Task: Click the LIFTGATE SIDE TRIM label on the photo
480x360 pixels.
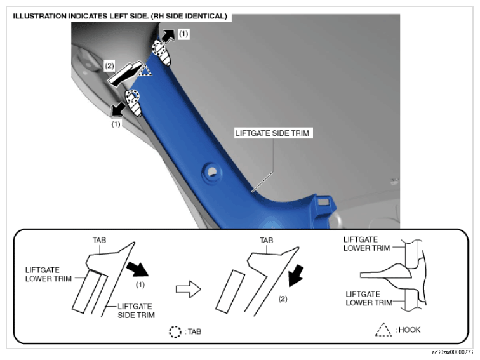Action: (x=272, y=133)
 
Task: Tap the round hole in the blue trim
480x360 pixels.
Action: (x=212, y=172)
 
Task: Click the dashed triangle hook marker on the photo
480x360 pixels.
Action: (x=145, y=71)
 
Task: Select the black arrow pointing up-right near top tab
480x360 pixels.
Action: (x=168, y=36)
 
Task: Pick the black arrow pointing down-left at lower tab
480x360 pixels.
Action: (x=118, y=110)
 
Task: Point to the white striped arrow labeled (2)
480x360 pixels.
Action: (x=125, y=74)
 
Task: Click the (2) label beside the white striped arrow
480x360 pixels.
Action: (x=109, y=66)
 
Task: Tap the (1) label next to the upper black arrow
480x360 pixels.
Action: (x=183, y=34)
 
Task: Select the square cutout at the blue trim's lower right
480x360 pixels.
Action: (x=323, y=202)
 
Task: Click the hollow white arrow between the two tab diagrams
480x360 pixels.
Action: (x=189, y=289)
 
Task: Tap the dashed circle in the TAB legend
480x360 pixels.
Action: (x=175, y=332)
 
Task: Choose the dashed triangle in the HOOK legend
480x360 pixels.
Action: (x=383, y=330)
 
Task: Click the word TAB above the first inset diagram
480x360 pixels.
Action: (x=100, y=240)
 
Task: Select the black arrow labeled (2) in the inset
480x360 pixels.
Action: (x=296, y=276)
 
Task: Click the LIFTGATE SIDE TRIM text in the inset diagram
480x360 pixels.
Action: (x=137, y=310)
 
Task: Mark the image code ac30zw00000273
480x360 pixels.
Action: (x=453, y=352)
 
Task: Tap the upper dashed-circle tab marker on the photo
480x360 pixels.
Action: (x=159, y=48)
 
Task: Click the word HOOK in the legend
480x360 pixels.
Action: (x=410, y=330)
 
